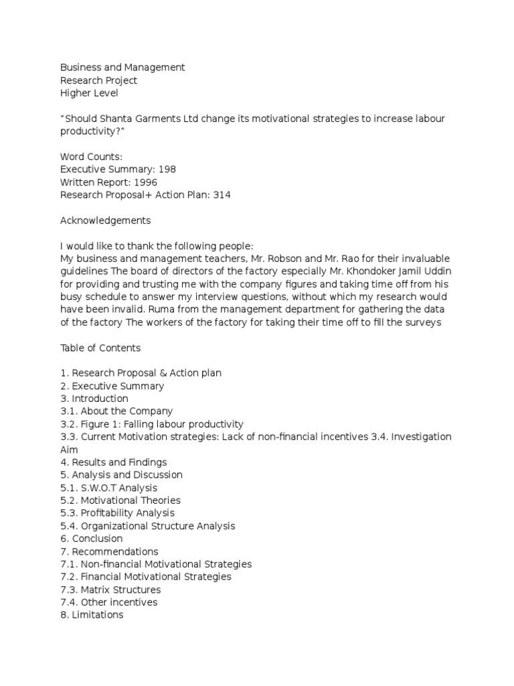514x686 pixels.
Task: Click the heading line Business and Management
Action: click(122, 68)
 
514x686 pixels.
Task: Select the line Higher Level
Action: click(89, 93)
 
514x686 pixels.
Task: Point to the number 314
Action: click(222, 195)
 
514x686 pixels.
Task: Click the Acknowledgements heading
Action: click(105, 220)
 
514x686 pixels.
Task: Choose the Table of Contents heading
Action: click(100, 348)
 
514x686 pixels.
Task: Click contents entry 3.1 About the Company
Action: click(116, 411)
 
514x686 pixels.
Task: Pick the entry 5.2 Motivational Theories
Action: click(120, 500)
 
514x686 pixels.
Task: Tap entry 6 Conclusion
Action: click(92, 539)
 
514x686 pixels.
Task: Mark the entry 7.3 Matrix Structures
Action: click(110, 590)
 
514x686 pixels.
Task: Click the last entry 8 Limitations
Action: click(92, 615)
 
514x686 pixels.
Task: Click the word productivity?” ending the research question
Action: click(92, 131)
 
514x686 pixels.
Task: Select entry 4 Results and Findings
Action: click(114, 462)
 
